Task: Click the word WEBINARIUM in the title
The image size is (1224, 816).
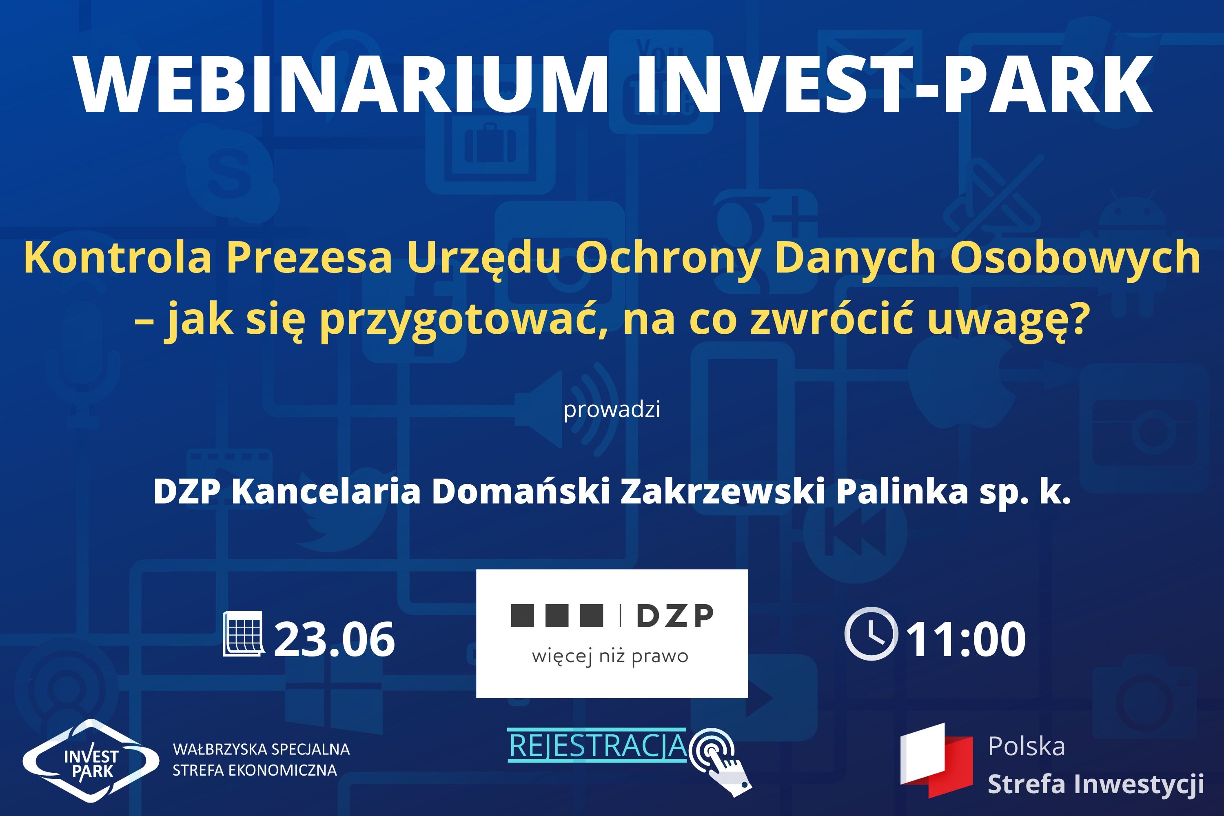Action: pos(342,84)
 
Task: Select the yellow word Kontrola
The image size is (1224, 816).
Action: pos(117,257)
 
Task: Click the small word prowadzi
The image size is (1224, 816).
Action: pos(612,410)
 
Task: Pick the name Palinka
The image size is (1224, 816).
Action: pos(902,491)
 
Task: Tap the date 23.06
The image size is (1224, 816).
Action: pos(334,639)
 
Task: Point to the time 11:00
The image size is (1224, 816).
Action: pos(966,639)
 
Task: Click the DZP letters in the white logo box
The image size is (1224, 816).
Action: pos(675,616)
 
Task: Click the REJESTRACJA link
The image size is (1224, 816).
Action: pos(597,746)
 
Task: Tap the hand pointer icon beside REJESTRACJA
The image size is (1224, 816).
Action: pos(721,762)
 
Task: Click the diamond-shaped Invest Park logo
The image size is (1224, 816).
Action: pos(91,761)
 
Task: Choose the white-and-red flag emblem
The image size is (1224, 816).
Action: pos(937,761)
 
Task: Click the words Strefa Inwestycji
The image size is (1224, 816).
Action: pos(1095,784)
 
